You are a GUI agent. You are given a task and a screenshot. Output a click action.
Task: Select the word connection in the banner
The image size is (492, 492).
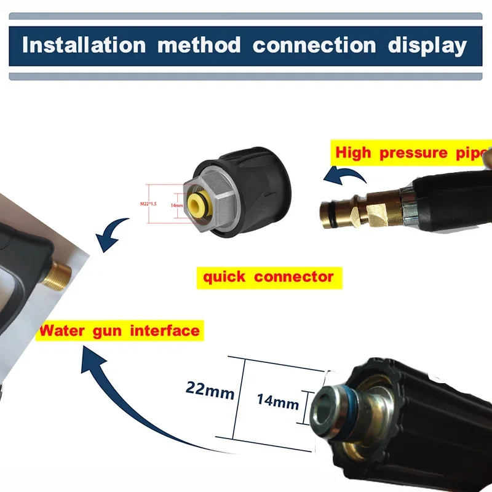(x=314, y=46)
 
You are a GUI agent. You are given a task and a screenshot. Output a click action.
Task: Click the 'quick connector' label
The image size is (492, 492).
(x=268, y=277)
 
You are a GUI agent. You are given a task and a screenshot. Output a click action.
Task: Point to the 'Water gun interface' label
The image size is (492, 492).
(x=120, y=330)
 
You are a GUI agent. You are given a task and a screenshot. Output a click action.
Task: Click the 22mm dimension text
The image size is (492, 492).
(x=210, y=389)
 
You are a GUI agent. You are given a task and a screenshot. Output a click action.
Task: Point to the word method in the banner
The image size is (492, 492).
(x=200, y=46)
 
